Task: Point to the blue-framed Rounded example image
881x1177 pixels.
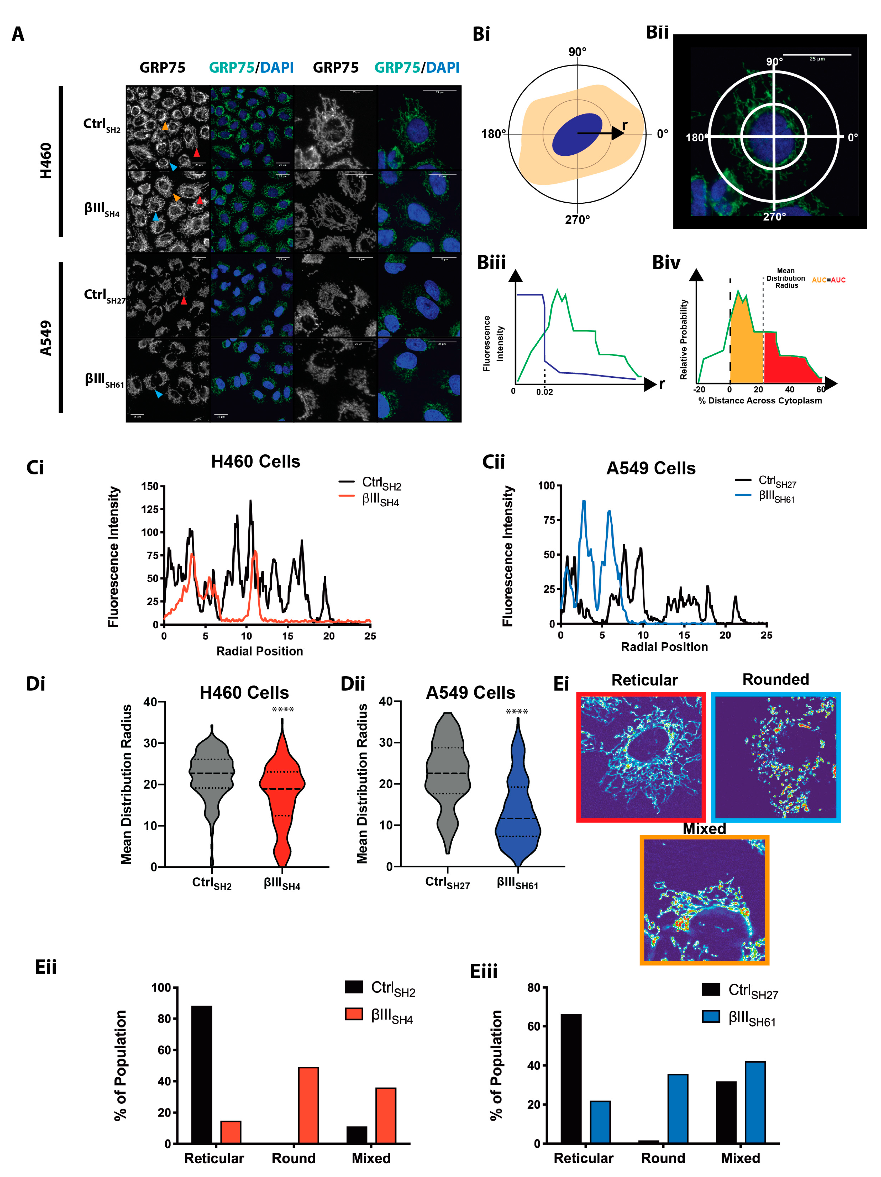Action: coord(775,757)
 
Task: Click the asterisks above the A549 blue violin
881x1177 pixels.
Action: coord(516,712)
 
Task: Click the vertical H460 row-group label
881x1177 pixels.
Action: coord(46,161)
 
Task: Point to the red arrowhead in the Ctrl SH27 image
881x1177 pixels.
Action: coord(184,301)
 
